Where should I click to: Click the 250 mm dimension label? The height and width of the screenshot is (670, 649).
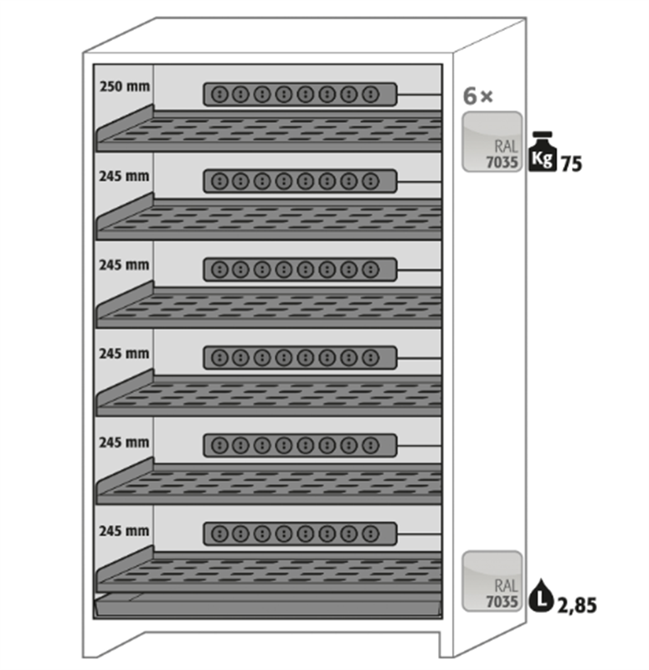point(124,85)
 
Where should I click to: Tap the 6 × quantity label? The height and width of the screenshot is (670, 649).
point(478,95)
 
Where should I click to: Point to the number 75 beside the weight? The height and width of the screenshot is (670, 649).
point(571,163)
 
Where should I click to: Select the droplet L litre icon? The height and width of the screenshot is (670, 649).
point(541,597)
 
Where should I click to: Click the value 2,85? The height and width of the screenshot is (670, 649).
point(576,605)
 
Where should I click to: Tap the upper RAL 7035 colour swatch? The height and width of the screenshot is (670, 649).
point(492,142)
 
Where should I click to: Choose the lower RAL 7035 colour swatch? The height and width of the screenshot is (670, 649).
point(492,581)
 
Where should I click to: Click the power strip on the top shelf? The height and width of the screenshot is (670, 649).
point(300,94)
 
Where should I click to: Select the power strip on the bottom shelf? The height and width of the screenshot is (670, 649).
point(300,533)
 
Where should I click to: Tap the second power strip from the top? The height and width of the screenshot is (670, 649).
point(300,181)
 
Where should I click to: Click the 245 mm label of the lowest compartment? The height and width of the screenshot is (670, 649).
point(124,530)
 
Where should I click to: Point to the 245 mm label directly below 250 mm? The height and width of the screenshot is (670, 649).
point(124,177)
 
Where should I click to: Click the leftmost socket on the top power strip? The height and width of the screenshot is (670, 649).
point(220,94)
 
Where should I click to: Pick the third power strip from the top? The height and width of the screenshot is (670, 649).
point(300,269)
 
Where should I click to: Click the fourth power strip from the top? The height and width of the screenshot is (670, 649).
point(300,358)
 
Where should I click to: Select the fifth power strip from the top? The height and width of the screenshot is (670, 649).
point(300,445)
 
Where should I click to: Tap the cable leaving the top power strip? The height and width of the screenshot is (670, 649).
point(419,95)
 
